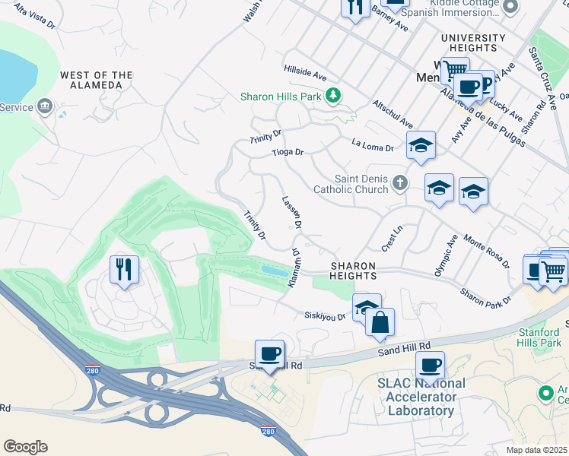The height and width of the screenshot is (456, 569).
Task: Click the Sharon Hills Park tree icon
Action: [x=332, y=96]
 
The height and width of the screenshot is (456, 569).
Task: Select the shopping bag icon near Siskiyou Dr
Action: [x=380, y=322]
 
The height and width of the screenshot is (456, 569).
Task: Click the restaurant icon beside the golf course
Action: [x=124, y=269]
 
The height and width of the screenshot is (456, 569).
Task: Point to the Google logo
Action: [x=25, y=447]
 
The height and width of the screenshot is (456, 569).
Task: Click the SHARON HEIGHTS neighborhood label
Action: [x=352, y=271]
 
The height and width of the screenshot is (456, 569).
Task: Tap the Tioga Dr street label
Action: [x=288, y=153]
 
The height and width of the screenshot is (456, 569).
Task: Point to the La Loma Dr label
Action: [x=373, y=144]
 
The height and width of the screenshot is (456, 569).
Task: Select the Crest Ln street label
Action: [x=392, y=238]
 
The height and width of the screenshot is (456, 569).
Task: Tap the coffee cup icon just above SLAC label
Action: [x=430, y=366]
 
